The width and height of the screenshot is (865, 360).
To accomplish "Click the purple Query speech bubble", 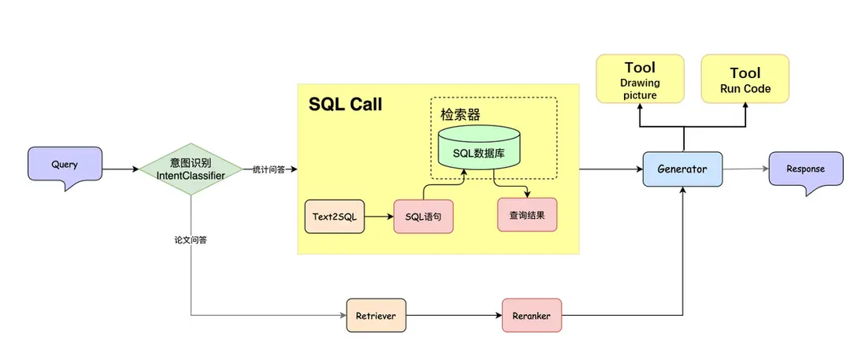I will (x=65, y=165).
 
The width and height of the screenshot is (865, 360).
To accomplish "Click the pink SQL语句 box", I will (x=424, y=215).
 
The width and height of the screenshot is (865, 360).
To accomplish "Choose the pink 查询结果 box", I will (x=527, y=213).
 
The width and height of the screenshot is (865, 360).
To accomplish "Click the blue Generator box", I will (x=681, y=169).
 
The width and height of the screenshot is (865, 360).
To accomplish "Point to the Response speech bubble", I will (x=805, y=168).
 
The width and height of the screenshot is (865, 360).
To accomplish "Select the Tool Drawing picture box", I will (x=640, y=79).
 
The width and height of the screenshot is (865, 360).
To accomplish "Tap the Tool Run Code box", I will (x=745, y=79).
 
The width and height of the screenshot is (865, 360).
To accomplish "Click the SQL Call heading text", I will (x=345, y=105).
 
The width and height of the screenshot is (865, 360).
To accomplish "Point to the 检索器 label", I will (x=461, y=115).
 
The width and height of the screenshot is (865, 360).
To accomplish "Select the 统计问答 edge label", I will (x=269, y=169).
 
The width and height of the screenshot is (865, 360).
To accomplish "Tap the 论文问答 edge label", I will (x=191, y=239).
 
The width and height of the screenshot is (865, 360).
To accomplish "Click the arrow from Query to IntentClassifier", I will (x=121, y=169).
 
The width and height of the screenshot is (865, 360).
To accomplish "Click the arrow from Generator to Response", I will (x=744, y=169).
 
